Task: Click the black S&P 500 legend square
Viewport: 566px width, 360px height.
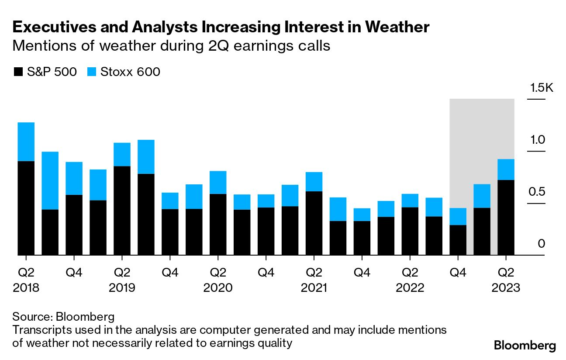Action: (x=18, y=72)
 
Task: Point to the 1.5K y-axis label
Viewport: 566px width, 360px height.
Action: (x=541, y=88)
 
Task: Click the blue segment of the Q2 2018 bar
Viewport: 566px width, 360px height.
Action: (x=26, y=142)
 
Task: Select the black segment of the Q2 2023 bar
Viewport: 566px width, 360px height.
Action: (x=506, y=217)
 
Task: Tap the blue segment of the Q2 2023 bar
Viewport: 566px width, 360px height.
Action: (x=506, y=170)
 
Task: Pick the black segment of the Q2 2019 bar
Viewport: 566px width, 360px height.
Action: (x=122, y=210)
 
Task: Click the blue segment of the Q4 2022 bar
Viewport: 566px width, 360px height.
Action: (x=458, y=216)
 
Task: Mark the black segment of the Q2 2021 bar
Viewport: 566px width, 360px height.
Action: (x=314, y=223)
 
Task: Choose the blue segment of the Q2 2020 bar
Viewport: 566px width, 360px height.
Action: (x=217, y=182)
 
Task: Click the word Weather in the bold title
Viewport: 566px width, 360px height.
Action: (x=397, y=27)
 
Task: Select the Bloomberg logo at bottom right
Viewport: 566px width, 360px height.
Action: (x=525, y=346)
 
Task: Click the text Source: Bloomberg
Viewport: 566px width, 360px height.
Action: (x=63, y=316)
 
